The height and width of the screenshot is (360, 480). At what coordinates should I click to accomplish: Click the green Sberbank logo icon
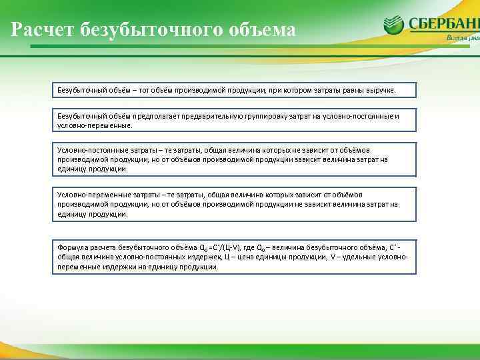(393, 25)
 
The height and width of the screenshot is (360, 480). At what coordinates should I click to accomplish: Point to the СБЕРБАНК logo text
(443, 24)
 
